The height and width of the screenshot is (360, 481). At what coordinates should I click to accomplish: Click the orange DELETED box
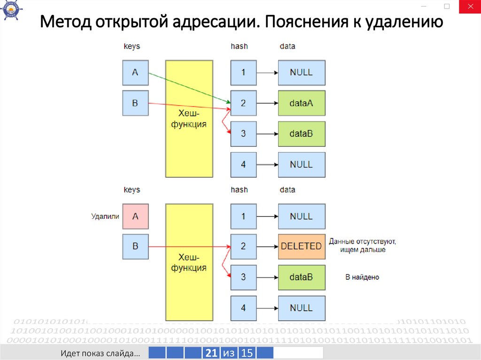coord(301,246)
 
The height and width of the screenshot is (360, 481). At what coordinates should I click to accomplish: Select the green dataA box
coord(301,103)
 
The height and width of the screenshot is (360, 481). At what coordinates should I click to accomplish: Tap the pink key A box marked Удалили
coord(135,216)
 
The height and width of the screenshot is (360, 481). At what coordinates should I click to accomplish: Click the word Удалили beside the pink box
coord(105,216)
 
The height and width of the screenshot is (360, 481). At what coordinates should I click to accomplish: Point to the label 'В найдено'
coord(362,277)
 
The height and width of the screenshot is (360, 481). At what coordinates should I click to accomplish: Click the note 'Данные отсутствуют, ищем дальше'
coord(362,245)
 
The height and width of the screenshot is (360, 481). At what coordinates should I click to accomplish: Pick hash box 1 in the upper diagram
coord(243,73)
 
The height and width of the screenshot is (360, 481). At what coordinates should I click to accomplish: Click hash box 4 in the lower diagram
coord(243,308)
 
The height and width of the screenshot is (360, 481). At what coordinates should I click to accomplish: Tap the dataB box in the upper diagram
coord(301,133)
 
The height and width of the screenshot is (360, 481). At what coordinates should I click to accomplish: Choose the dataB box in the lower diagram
coord(301,277)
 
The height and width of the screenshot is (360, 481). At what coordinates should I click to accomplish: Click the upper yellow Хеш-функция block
coord(189,119)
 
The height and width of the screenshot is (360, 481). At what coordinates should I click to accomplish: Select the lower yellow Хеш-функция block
coord(189,262)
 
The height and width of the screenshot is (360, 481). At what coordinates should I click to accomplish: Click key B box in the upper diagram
coord(135,103)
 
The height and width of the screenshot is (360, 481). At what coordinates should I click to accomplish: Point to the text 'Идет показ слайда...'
coord(100,353)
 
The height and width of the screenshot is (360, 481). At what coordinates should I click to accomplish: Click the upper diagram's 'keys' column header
coord(132,46)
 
